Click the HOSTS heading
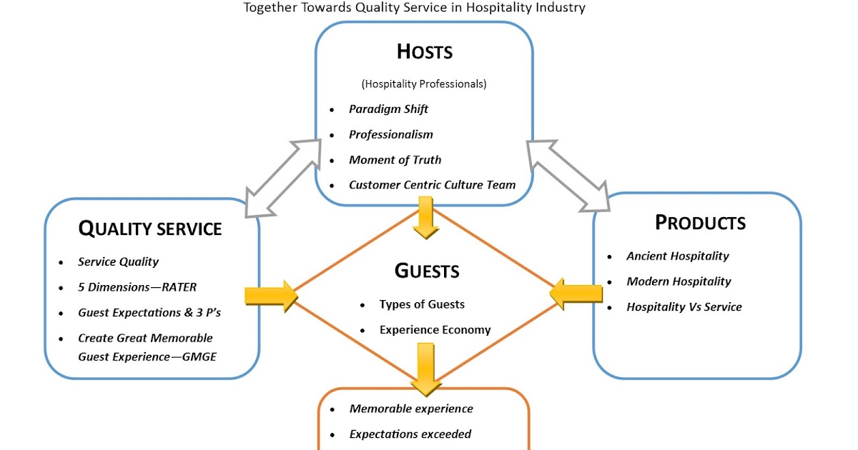point(425,52)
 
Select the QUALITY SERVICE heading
point(149,229)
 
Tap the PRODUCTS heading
point(700,223)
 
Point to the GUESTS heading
point(427,271)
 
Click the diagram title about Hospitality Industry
point(414,8)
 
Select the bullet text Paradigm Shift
point(388,109)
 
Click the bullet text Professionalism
point(390,134)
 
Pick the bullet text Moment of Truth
point(395,160)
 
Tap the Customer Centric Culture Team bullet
point(432,185)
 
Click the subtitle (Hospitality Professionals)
point(424,84)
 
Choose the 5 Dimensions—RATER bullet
point(137,287)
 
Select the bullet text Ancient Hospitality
point(678,256)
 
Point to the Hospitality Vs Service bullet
point(684,307)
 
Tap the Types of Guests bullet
point(422,304)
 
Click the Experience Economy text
point(435,330)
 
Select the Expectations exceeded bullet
point(410,434)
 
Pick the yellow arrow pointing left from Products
point(576,294)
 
